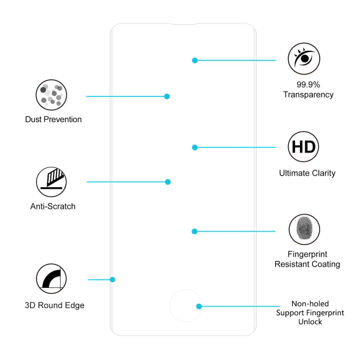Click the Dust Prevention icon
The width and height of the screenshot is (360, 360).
coord(51,96)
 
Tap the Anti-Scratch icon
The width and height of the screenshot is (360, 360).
coord(51,182)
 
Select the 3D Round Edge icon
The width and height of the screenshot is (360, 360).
coord(51,279)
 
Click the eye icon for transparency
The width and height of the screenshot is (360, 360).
coord(304,59)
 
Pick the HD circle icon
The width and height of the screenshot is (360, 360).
coord(303,146)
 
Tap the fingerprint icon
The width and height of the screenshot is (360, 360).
coord(304,229)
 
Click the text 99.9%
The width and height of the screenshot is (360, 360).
coord(308,84)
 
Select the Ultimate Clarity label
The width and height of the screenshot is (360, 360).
coord(307,173)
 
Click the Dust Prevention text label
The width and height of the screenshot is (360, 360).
coord(53,120)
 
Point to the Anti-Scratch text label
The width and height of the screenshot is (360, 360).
coord(53,206)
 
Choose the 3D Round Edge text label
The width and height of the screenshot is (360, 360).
coord(55,305)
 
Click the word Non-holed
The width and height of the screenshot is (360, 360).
coord(310,304)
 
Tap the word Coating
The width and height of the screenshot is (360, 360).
coord(324,264)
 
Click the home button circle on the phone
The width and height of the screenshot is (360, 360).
coord(185,306)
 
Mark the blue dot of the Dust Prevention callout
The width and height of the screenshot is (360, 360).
coord(167,96)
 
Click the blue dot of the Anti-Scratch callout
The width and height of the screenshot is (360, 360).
coord(168,182)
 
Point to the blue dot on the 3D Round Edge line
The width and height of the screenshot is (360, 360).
coord(113,279)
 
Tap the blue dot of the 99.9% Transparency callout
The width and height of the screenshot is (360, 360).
coord(195,60)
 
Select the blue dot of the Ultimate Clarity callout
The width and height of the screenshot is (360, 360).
coord(195,147)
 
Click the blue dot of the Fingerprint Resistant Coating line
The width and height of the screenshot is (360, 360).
coord(194,231)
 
